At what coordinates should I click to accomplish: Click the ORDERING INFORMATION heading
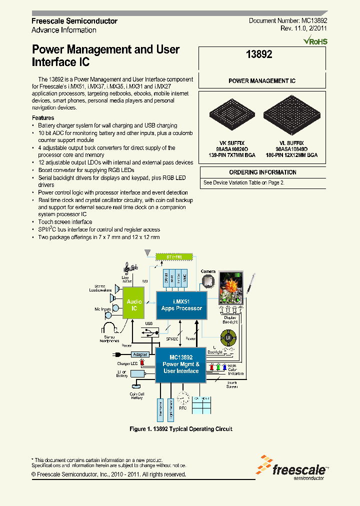262,172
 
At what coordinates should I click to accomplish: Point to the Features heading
43,118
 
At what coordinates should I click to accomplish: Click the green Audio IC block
134,305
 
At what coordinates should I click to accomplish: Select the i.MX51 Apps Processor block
181,305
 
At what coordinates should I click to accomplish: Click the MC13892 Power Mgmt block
181,364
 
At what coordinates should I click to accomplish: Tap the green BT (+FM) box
173,257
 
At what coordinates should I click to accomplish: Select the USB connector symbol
149,332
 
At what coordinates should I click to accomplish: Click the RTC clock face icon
183,398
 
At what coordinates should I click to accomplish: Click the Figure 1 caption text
180,429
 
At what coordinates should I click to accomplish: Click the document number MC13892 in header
288,21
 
